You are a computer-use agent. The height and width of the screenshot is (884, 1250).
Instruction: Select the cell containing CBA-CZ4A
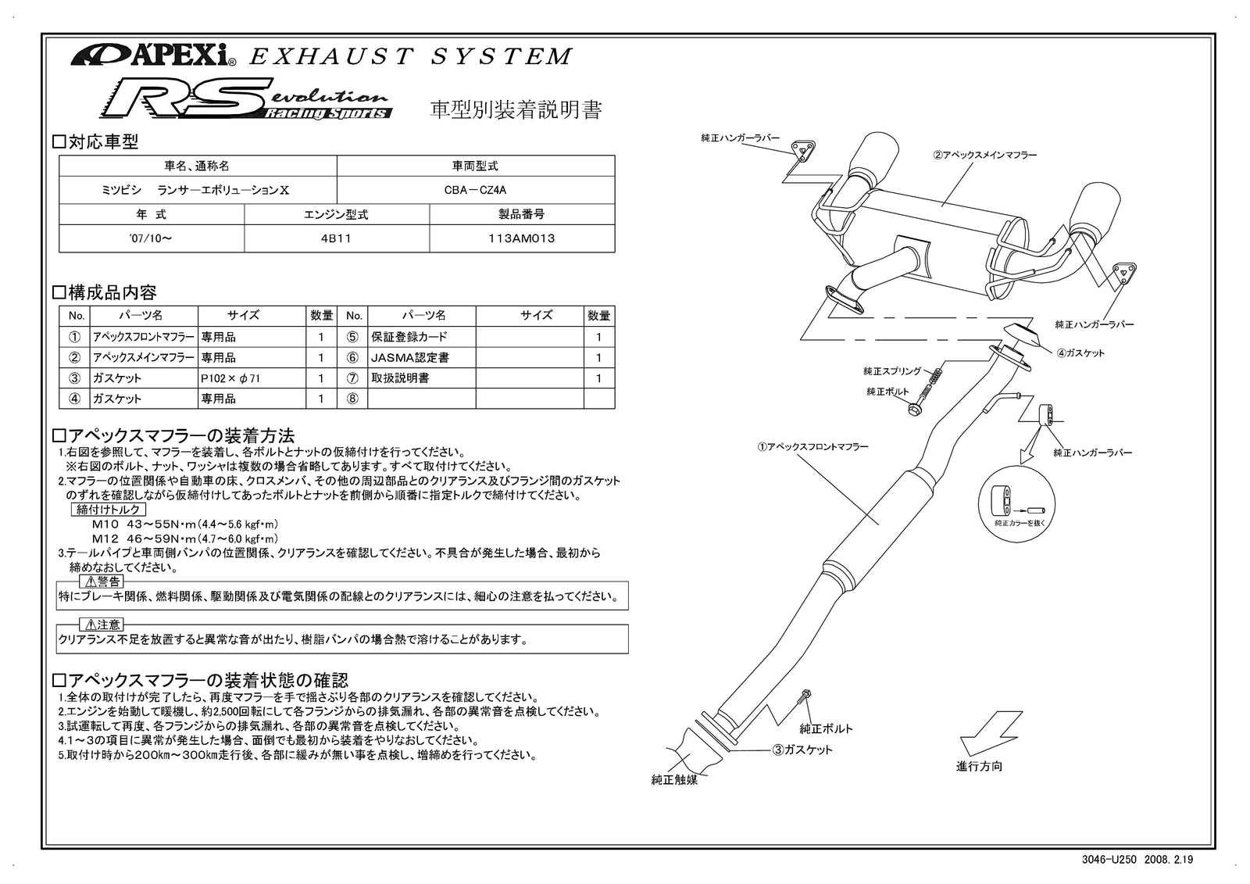pos(475,190)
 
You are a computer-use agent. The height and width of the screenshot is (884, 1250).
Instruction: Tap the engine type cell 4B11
pos(336,239)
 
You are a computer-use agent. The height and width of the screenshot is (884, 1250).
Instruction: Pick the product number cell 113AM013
pos(521,239)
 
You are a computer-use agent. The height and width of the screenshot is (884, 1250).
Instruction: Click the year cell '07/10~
pos(151,239)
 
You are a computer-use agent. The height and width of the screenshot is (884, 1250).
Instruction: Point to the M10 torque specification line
pos(185,524)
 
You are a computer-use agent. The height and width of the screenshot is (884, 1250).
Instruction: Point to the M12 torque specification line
pos(185,539)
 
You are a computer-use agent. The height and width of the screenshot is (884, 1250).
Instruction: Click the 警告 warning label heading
pos(102,582)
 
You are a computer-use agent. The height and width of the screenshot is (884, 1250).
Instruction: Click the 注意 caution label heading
pos(102,625)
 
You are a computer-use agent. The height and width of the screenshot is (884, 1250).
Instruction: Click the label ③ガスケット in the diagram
pos(802,750)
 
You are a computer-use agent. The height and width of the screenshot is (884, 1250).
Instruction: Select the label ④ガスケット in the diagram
pos(1080,353)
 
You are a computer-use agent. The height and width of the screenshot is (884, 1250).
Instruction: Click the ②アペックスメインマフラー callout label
pos(984,155)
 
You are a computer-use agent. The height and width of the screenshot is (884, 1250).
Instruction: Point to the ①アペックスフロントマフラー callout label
pos(812,446)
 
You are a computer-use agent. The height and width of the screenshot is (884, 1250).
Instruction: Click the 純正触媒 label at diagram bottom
pos(674,779)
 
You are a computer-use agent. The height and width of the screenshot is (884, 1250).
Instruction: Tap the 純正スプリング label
pos(892,370)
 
